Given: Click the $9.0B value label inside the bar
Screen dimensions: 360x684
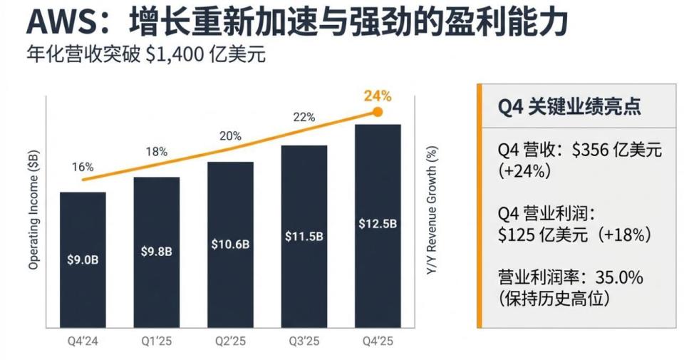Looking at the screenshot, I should pos(83,259).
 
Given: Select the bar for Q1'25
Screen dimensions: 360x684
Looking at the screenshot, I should pos(156,250).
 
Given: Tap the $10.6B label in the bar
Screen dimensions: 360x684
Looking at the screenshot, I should pos(230,244).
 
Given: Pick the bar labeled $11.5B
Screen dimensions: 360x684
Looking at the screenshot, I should pos(304,235).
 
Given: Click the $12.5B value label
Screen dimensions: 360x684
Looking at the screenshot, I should pos(378,224).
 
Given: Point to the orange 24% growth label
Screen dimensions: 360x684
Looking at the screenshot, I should pos(378,96).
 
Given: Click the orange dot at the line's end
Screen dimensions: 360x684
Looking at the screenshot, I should pos(378,112).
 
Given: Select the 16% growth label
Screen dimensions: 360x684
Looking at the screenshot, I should pos(83,167).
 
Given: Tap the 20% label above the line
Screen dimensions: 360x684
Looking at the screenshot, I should pos(230,135).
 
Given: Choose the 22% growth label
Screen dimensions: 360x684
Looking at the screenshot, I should pos(304,118).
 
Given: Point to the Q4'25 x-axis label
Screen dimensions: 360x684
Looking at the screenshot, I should pos(378,341).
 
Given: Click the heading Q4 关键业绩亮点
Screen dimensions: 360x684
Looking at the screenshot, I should pos(569,107).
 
